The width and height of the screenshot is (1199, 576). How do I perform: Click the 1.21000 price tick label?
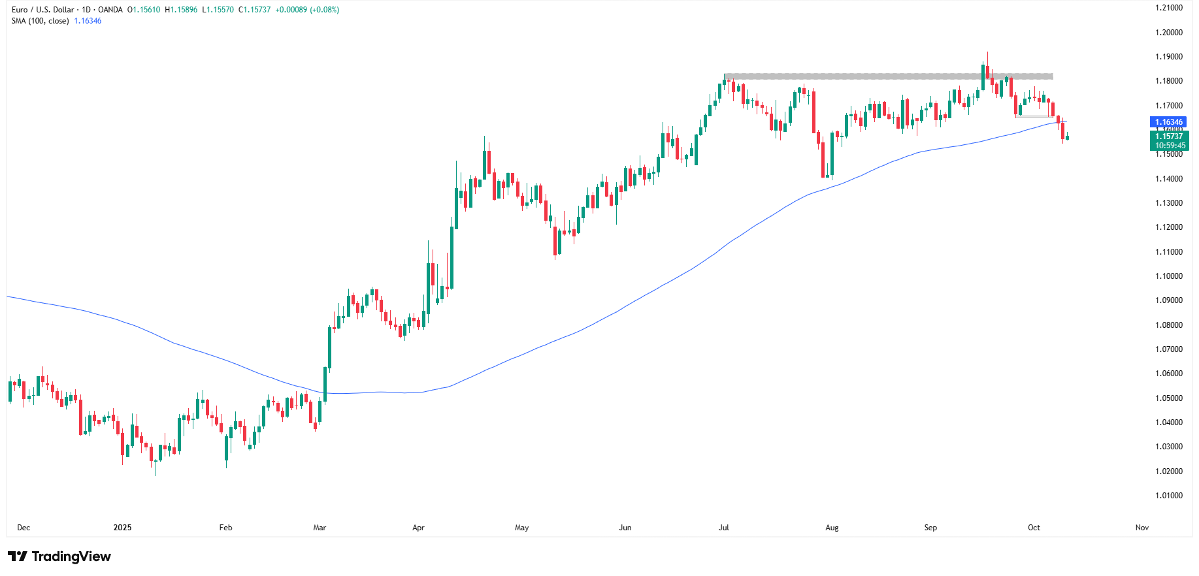1168,8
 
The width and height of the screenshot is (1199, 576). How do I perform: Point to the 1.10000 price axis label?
1168,276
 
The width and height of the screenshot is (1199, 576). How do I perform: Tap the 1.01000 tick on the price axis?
1168,496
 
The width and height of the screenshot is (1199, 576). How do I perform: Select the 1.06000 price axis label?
1168,374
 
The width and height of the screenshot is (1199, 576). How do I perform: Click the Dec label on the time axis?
24,528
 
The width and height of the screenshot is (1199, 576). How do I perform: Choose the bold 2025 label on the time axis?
122,528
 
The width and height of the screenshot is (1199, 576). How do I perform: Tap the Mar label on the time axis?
320,528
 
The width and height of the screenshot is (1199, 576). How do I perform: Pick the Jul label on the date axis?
724,528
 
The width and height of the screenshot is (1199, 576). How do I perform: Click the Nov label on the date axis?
1142,528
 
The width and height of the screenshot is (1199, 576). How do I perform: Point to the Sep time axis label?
930,528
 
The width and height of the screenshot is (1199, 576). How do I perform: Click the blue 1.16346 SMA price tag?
1168,122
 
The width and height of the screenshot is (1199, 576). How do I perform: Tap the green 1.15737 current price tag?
1169,136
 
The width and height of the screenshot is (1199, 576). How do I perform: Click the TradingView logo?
59,556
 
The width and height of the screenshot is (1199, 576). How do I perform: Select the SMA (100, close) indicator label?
40,21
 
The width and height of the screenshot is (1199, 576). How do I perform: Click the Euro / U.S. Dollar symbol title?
42,10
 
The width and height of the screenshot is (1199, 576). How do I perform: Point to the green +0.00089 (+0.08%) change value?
306,10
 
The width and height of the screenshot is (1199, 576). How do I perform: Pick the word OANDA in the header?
110,10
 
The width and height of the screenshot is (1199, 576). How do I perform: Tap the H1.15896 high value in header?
181,10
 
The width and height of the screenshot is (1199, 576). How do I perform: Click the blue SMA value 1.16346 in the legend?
88,21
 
